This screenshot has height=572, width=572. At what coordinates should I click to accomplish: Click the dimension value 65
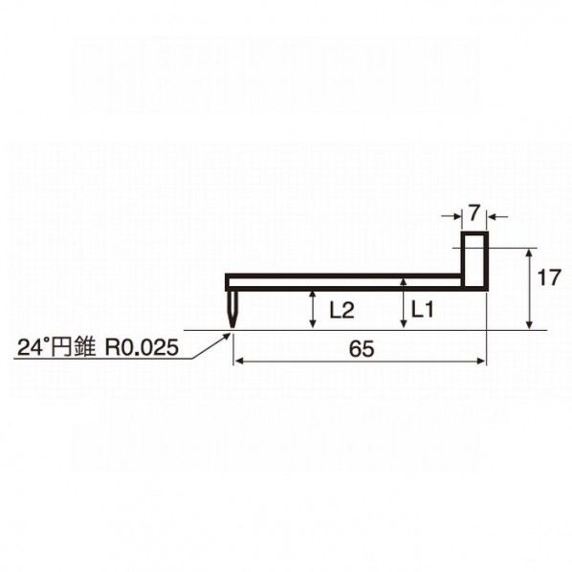[x=362, y=349]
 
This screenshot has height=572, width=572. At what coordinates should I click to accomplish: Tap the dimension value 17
[x=549, y=278]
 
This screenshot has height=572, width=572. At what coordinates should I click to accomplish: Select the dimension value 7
[x=473, y=213]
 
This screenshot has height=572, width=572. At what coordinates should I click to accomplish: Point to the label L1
[x=423, y=310]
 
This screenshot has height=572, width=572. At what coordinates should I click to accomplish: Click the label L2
[x=341, y=311]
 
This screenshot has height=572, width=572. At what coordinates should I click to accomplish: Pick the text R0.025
[x=142, y=347]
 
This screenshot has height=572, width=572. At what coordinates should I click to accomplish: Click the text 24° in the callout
[x=31, y=347]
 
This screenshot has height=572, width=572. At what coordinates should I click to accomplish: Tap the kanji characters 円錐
[x=72, y=347]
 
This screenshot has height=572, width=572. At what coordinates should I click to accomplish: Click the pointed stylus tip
[x=232, y=326]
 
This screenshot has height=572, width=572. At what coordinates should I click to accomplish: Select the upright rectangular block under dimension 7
[x=474, y=261]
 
